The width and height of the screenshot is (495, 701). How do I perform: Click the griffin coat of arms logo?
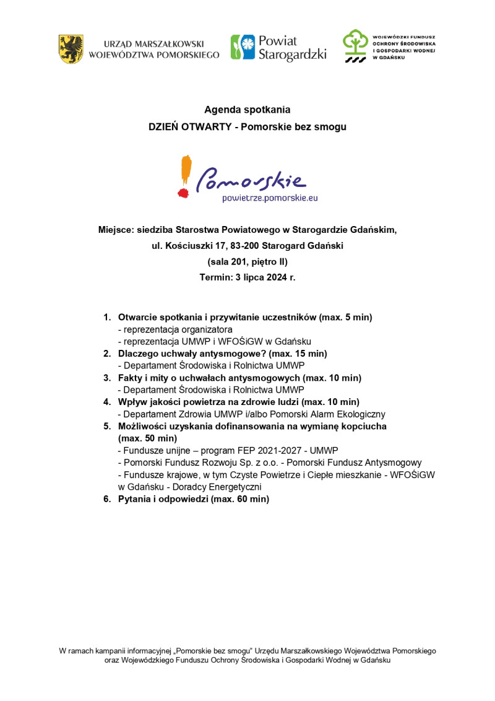(71, 49)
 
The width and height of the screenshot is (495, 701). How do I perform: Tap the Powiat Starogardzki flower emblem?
(243, 47)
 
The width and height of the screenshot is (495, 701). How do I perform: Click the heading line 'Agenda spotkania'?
(247, 110)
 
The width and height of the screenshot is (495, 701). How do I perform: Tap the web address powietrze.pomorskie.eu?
(270, 198)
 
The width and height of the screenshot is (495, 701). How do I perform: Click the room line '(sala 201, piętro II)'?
(247, 262)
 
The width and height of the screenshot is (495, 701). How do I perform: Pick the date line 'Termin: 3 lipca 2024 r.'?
(247, 277)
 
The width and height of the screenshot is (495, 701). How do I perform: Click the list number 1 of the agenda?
(106, 318)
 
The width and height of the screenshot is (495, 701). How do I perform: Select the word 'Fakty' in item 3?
(130, 378)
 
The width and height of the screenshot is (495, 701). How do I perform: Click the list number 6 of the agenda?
(106, 499)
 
